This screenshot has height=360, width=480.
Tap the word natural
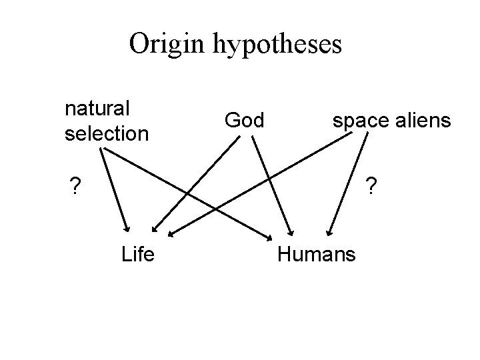pyautogui.click(x=97, y=107)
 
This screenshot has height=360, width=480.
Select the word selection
pyautogui.click(x=107, y=133)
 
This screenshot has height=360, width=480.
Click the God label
pyautogui.click(x=244, y=120)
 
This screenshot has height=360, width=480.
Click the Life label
pyautogui.click(x=138, y=254)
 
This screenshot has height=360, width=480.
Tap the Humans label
pyautogui.click(x=317, y=254)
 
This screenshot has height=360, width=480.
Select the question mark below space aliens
pyautogui.click(x=371, y=184)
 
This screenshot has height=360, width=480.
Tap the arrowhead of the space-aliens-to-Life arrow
pyautogui.click(x=171, y=234)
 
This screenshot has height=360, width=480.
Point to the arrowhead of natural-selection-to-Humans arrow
pyautogui.click(x=267, y=236)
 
